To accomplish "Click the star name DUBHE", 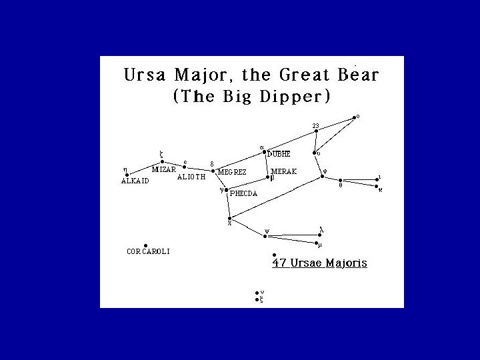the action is click(279, 154).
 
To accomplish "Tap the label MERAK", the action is click(283, 171).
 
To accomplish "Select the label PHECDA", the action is click(244, 194).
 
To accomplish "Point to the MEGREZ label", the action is click(232, 172).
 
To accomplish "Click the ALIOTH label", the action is click(191, 177).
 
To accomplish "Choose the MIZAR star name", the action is click(164, 169).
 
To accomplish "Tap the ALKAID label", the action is click(135, 180).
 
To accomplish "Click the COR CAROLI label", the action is click(148, 251).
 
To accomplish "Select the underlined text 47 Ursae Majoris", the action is click(319, 263).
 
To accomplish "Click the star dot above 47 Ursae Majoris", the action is click(274, 255).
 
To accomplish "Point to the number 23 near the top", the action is click(316, 125).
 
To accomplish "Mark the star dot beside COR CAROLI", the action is click(145, 244).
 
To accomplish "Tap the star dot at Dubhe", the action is click(265, 151).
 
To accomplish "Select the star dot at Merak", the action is click(267, 178).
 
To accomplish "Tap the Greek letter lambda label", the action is click(321, 229).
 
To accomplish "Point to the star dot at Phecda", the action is click(226, 191).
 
